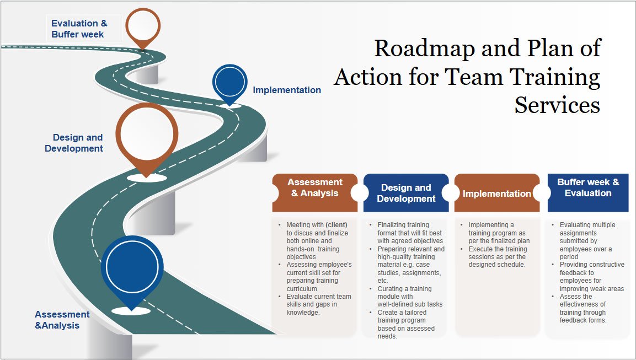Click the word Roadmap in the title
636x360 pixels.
point(424,49)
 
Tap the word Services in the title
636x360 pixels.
point(557,104)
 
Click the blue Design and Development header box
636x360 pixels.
point(406,193)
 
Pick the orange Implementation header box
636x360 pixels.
point(496,193)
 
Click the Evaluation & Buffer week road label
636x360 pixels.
point(79,29)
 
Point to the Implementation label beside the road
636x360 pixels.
point(287,90)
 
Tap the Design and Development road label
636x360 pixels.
point(74,143)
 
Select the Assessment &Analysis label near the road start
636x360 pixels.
point(62,320)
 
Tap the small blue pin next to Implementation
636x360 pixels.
point(229,82)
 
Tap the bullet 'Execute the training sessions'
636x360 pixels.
point(497,256)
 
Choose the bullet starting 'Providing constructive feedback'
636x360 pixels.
point(591,276)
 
